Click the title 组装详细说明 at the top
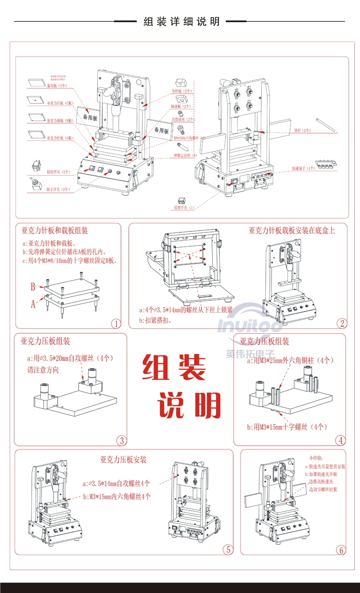click(181, 22)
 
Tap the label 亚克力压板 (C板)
click(60, 103)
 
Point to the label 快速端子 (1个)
click(304, 169)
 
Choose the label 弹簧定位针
click(185, 156)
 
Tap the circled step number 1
click(116, 323)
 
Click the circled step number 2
click(342, 323)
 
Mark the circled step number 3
click(122, 440)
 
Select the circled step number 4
click(340, 440)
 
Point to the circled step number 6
click(341, 550)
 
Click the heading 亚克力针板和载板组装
click(54, 231)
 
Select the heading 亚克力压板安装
click(123, 460)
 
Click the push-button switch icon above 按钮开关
click(36, 167)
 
